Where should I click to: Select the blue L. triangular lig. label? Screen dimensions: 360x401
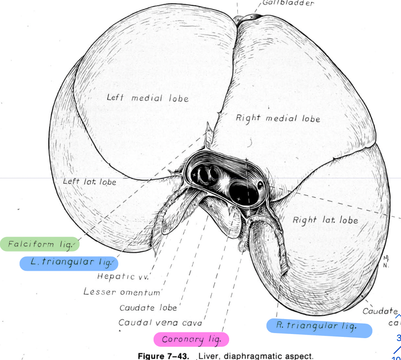click(x=69, y=263)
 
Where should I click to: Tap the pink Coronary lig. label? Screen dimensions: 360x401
click(x=191, y=340)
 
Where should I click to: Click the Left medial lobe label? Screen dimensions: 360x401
click(x=147, y=98)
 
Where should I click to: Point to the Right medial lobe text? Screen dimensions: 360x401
click(x=278, y=118)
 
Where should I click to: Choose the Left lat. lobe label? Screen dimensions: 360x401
click(x=89, y=182)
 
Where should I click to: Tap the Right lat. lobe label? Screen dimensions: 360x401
click(x=325, y=220)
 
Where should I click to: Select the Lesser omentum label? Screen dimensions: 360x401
click(x=121, y=292)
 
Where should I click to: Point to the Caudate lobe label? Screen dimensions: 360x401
click(x=148, y=308)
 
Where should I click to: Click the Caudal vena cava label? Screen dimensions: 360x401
click(x=160, y=323)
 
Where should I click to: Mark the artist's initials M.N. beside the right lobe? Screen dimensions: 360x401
click(x=386, y=262)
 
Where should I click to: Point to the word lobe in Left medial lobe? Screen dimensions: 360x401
click(x=179, y=98)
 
